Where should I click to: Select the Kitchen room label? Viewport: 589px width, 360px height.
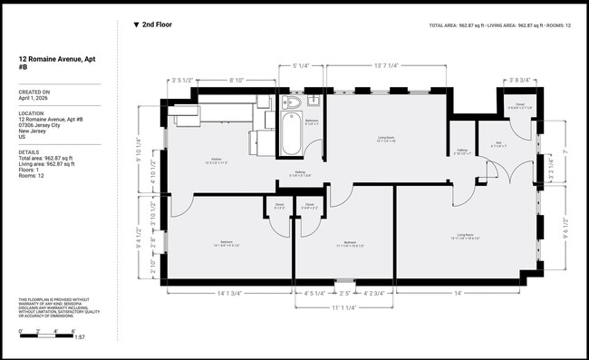217,161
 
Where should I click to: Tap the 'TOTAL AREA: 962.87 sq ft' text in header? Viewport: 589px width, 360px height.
457,25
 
